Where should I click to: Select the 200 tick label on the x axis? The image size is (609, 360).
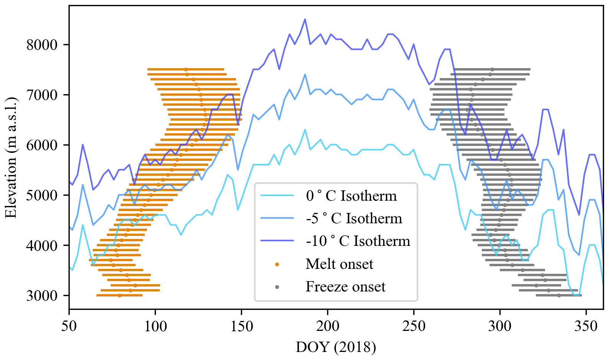coord(327,326)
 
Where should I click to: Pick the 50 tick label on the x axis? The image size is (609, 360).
coord(69,326)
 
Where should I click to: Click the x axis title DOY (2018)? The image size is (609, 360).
coord(336,347)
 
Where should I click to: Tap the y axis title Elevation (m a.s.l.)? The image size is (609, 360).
coord(11,157)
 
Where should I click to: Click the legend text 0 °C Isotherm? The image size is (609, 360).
coord(351,196)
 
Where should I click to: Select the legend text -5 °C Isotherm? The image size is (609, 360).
coord(354,218)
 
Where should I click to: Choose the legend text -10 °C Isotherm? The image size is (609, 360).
coord(358,241)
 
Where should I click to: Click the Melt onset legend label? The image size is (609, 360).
coord(339,264)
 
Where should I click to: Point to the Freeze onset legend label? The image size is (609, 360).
coord(345,286)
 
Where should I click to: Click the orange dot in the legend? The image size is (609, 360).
coord(277,264)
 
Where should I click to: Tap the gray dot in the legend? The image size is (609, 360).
coord(277,287)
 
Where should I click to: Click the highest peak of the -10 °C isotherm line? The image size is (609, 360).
coord(305,19)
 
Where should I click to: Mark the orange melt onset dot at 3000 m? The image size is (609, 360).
coord(120,295)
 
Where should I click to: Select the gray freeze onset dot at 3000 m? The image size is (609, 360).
coord(559,295)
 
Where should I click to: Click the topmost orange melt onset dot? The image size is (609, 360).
coord(186,69)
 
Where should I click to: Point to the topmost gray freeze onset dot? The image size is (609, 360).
coord(492,69)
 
